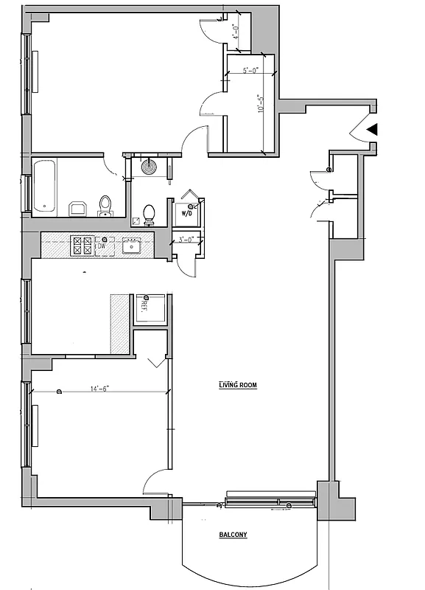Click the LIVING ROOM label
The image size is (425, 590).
(237, 385)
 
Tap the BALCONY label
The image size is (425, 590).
(233, 535)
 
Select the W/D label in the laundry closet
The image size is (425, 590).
(189, 214)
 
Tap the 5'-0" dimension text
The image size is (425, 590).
(251, 72)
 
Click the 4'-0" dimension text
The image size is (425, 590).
(235, 32)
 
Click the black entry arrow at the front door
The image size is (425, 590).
(373, 130)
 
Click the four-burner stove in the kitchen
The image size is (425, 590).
(81, 246)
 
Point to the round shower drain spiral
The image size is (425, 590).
(150, 166)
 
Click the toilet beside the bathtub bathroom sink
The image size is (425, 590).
(105, 204)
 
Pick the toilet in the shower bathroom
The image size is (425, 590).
(150, 215)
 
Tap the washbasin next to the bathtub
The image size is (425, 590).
(77, 207)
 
